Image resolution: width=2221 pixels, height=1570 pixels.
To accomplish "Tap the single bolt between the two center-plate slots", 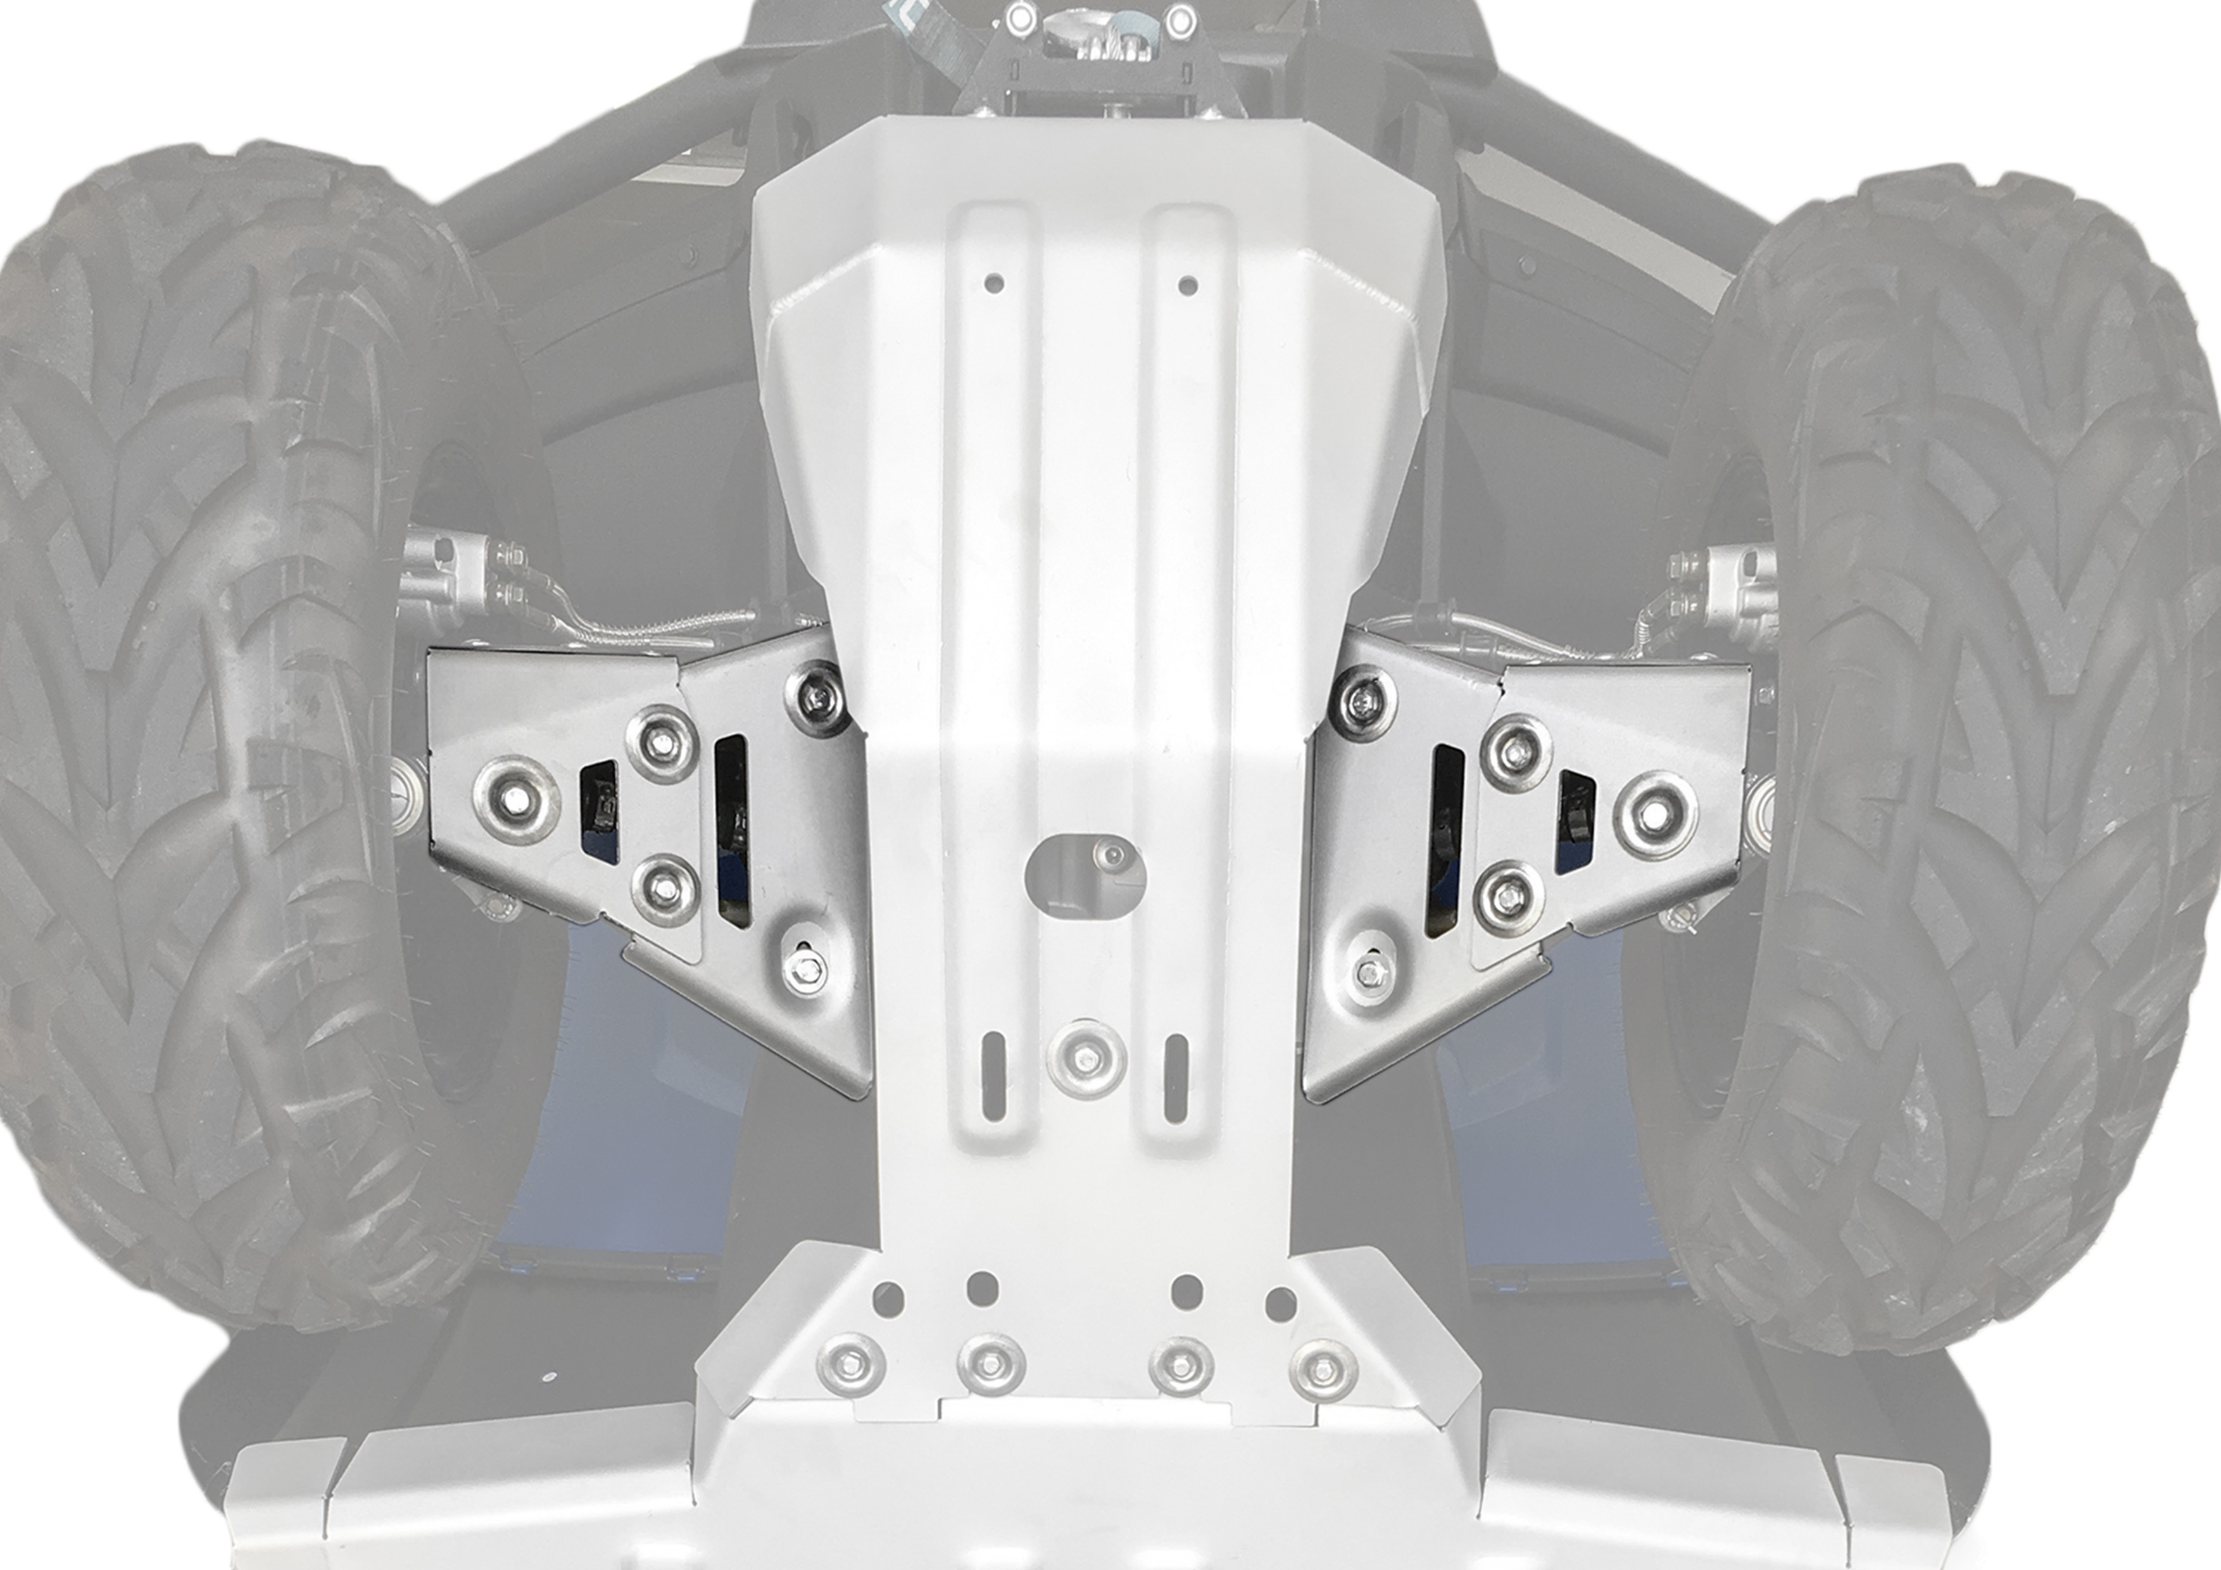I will [x=1086, y=1059].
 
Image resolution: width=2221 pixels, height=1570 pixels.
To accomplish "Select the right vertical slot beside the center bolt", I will [x=1176, y=1077].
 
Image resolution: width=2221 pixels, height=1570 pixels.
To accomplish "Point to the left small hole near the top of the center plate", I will [x=993, y=284].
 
